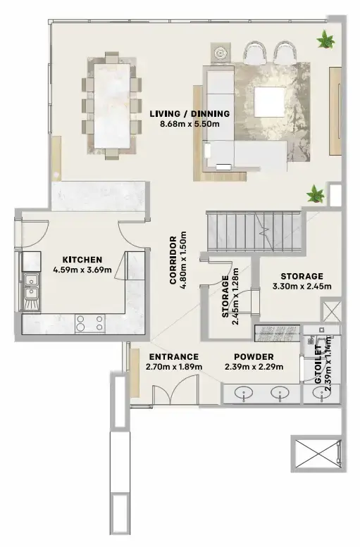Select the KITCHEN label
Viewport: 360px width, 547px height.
(82, 258)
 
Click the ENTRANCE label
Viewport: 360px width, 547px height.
(174, 357)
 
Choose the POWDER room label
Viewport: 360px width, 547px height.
(254, 357)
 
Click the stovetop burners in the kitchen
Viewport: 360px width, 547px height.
(89, 323)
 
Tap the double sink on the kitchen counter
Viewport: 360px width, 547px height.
(30, 290)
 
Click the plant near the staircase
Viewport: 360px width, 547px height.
(314, 191)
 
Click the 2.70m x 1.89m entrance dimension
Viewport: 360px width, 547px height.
(174, 367)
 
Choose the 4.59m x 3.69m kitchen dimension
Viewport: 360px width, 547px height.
(82, 268)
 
